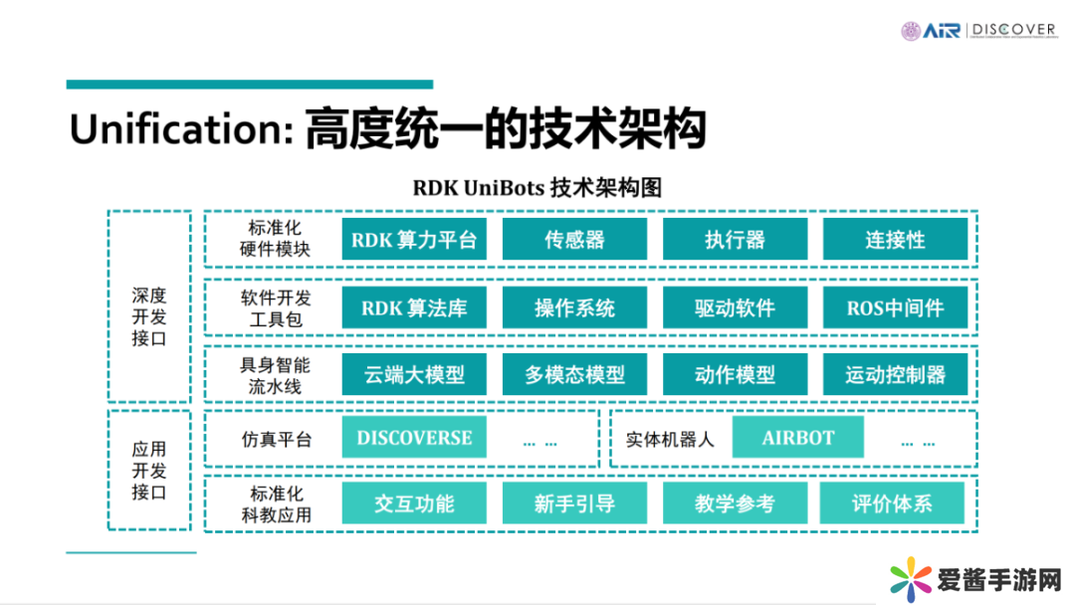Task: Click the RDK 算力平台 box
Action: pos(414,240)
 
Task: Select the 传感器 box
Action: pos(574,240)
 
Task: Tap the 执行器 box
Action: pos(735,240)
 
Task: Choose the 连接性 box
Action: pos(895,240)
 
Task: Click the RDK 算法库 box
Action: pos(414,307)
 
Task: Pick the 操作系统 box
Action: pos(574,307)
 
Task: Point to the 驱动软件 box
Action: pos(735,307)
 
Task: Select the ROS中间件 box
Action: pos(895,307)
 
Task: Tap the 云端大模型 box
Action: pos(414,375)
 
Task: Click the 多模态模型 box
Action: pos(574,375)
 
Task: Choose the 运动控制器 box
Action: pos(895,375)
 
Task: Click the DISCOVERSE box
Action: pos(414,438)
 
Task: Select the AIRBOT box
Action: pos(798,438)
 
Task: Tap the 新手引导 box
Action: pos(574,504)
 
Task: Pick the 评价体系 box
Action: pos(892,504)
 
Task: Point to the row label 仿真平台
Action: pos(276,439)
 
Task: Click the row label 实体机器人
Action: pos(670,439)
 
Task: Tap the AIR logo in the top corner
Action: pos(940,31)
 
